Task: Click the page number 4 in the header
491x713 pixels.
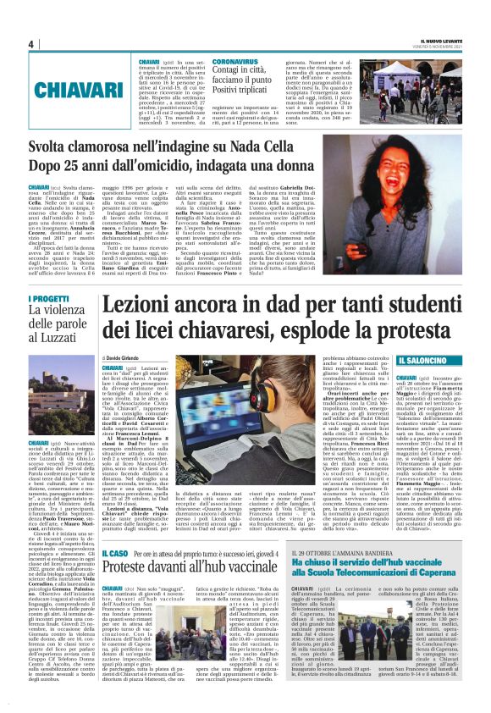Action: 30,44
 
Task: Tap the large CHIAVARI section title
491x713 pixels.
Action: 64,87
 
